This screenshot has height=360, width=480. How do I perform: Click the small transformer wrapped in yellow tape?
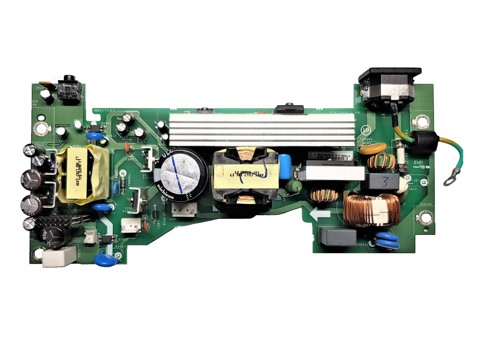click(x=82, y=175)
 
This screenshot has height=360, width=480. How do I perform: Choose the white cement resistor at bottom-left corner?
click(x=59, y=256)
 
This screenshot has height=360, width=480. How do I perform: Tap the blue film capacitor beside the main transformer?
click(x=285, y=166)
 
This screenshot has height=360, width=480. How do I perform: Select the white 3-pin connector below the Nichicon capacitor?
click(x=184, y=210)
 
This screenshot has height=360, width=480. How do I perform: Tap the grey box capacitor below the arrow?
click(x=337, y=237)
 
